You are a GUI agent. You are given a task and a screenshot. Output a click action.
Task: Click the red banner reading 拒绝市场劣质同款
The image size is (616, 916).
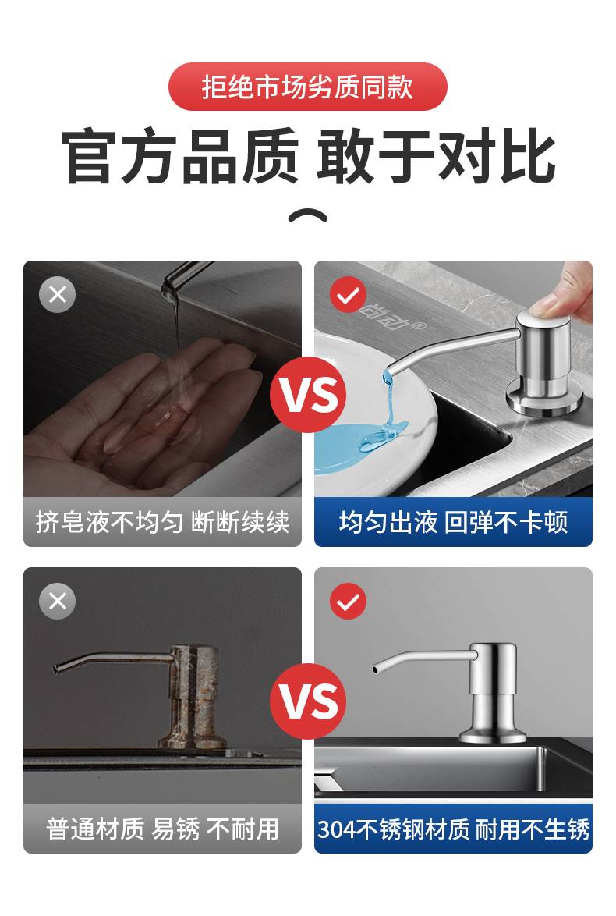308,87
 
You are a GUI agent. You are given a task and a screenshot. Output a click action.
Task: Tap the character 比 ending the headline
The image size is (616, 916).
528,156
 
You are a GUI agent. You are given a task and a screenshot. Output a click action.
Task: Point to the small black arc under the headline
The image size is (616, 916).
308,215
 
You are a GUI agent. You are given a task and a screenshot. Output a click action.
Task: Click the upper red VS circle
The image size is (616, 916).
308,394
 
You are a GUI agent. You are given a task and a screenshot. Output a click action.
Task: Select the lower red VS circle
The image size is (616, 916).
308,701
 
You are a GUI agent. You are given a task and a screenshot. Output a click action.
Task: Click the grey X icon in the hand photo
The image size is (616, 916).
57,294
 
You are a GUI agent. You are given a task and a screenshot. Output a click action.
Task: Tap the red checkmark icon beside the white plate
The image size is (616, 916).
348,294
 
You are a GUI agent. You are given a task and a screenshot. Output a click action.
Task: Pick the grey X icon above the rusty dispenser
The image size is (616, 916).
57,601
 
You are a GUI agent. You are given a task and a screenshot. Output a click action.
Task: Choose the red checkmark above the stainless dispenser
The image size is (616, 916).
348,601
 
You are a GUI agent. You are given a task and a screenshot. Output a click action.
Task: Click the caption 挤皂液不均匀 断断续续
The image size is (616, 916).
162,522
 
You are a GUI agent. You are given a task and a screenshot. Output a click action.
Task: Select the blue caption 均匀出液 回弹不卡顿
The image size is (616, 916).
453,522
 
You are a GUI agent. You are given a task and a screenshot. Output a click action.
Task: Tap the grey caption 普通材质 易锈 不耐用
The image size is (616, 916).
162,829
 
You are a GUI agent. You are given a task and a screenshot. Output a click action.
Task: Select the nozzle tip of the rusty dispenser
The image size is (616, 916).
56,669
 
